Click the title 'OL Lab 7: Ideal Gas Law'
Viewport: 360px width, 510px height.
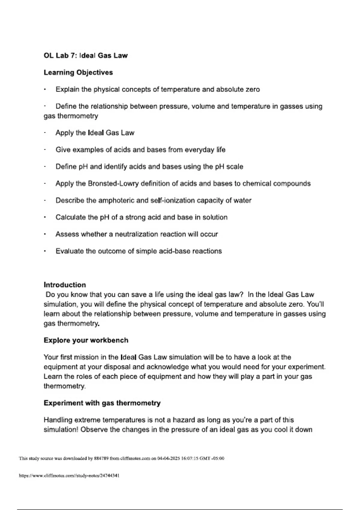[85, 55]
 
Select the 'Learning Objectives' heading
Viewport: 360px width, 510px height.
[78, 72]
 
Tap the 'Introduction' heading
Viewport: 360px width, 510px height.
[65, 285]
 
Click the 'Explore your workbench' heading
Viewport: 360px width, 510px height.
[86, 340]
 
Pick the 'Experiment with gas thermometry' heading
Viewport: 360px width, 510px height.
[102, 403]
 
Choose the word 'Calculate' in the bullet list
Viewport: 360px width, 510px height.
[70, 217]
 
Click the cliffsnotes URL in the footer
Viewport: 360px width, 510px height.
[69, 475]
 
